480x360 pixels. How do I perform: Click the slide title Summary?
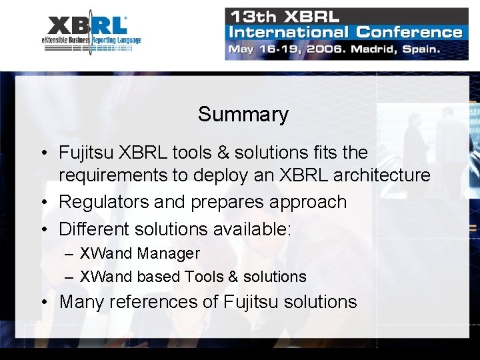tap(243, 114)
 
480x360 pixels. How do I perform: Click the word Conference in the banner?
tap(409, 32)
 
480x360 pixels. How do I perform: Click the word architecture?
tap(384, 175)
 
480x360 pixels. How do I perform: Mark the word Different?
tap(94, 229)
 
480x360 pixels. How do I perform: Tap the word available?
tap(246, 229)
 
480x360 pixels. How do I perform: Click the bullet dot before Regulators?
tap(43, 203)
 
